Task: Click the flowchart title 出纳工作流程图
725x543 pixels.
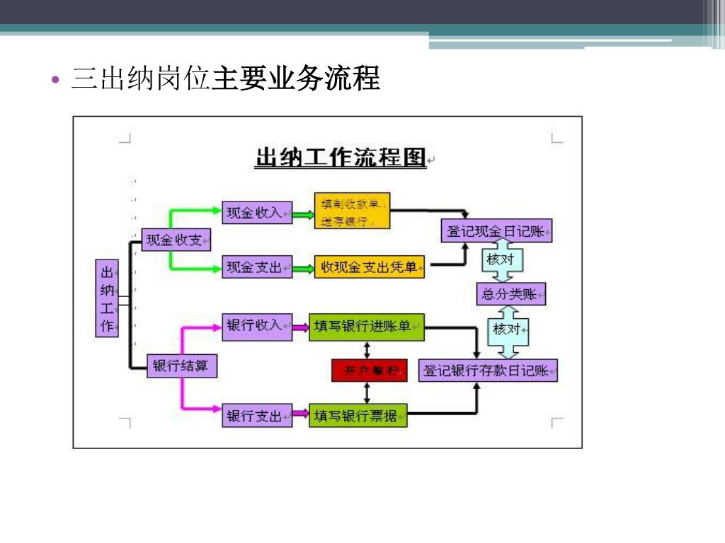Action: (x=340, y=158)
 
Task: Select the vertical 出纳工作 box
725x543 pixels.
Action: (x=107, y=298)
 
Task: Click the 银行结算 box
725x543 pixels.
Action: (x=181, y=366)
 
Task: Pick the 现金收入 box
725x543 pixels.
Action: (x=257, y=212)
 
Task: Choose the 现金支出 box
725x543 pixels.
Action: (x=257, y=267)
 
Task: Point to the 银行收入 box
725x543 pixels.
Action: (x=257, y=326)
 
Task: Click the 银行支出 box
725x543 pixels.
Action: (x=257, y=416)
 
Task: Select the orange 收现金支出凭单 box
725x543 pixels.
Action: (x=369, y=267)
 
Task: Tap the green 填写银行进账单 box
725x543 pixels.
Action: (x=366, y=327)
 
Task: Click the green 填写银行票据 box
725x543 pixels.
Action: (x=358, y=416)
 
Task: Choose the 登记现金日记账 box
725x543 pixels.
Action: (x=496, y=230)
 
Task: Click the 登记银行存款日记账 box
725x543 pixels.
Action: (x=488, y=370)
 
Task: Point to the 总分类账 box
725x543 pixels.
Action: (x=510, y=293)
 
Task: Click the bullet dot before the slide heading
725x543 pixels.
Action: (x=57, y=79)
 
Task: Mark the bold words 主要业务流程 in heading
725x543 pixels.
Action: (x=296, y=78)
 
